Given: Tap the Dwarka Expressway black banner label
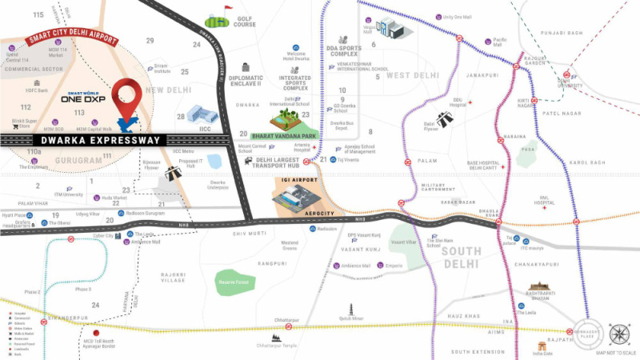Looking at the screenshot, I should [83, 140].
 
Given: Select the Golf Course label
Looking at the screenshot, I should [244, 22].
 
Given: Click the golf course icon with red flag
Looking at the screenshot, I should [218, 19].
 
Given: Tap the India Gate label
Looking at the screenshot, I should [546, 354].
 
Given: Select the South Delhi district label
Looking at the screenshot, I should [461, 258].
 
